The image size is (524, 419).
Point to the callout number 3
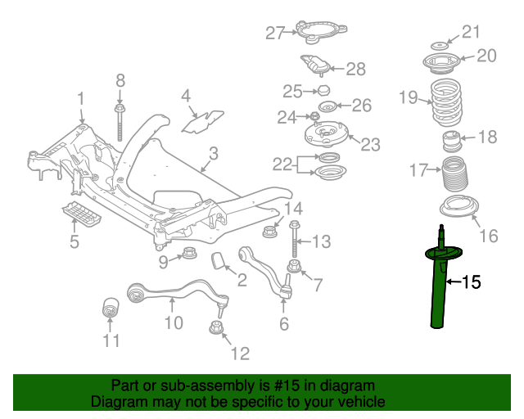tap(213, 153)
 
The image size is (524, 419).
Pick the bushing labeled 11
tap(110, 311)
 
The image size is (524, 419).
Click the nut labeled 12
tap(216, 329)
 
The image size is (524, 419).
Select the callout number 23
tap(370, 145)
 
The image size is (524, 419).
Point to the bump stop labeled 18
tap(449, 140)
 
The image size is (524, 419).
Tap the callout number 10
tap(173, 322)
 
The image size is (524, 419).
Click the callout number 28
tap(355, 70)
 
